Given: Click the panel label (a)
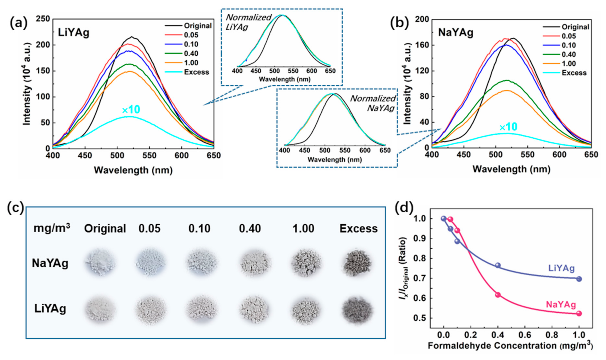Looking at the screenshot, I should pyautogui.click(x=18, y=23).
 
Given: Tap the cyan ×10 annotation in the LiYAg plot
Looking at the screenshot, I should pyautogui.click(x=131, y=110).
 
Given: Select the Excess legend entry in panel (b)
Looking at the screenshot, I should pyautogui.click(x=574, y=73).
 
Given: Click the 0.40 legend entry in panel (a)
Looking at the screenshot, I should pyautogui.click(x=191, y=54).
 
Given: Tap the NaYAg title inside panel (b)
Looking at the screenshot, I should pyautogui.click(x=456, y=33).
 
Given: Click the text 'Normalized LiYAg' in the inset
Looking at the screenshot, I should pyautogui.click(x=248, y=22).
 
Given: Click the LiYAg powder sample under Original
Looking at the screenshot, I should pyautogui.click(x=100, y=309).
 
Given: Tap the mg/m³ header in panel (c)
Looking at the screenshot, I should pyautogui.click(x=51, y=228).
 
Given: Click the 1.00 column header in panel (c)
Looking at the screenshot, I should pyautogui.click(x=303, y=229).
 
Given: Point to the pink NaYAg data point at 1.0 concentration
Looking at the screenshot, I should pyautogui.click(x=579, y=313).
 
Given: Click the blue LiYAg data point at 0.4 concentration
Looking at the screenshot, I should pyautogui.click(x=498, y=265).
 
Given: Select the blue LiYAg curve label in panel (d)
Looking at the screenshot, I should pyautogui.click(x=561, y=268).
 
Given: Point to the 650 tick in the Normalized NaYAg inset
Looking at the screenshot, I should pyautogui.click(x=385, y=150).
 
